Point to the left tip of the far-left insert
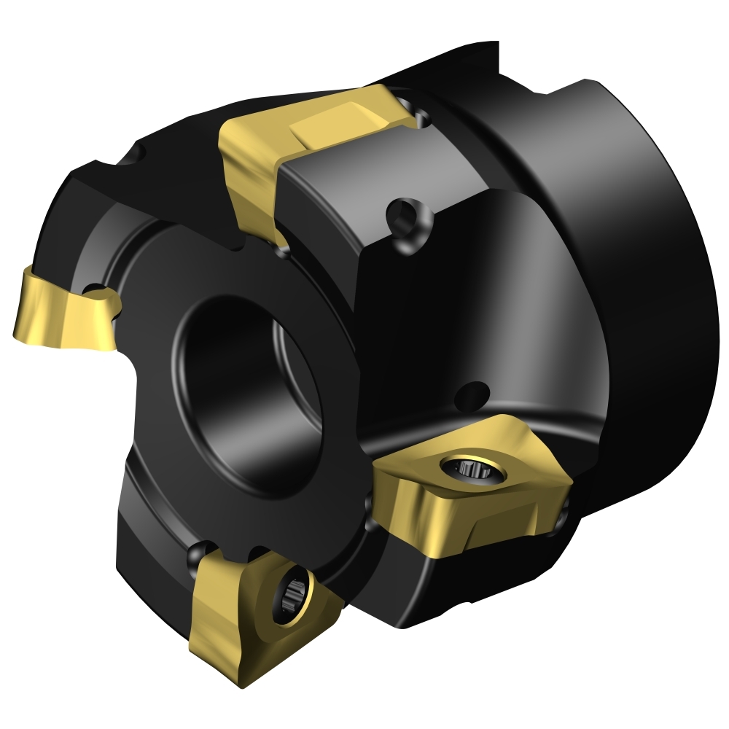tap(16, 332)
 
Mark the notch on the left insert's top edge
tap(98, 296)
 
